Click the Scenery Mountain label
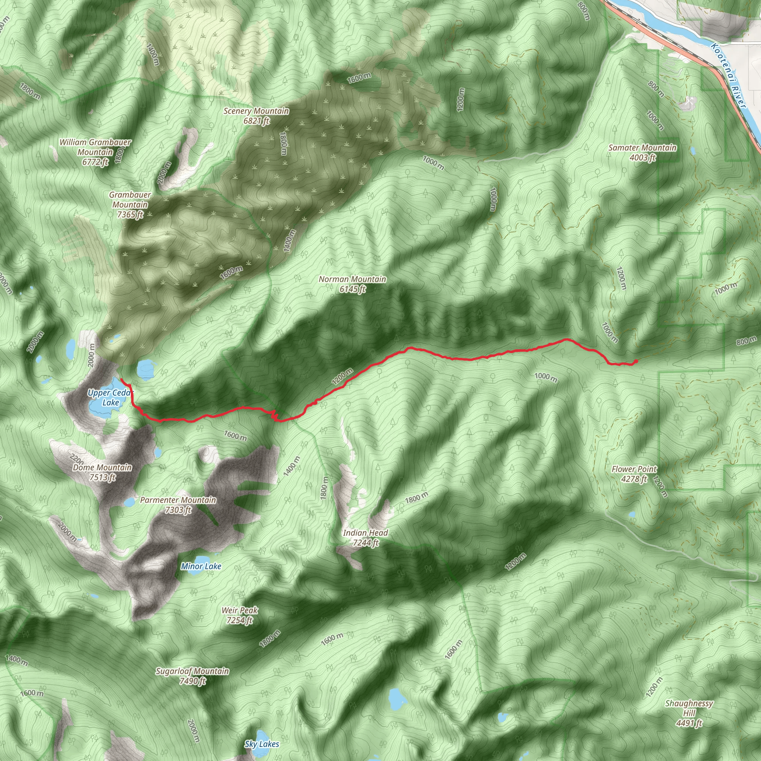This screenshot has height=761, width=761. coord(256,116)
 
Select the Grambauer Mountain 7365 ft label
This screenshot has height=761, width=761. coord(130,204)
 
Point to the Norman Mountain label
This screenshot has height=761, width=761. coord(352,284)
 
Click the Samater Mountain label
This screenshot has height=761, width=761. coord(642,152)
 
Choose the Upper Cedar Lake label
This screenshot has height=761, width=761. coord(110,398)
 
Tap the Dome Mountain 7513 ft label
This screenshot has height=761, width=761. coord(102,472)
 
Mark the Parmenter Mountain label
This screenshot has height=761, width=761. coord(178,505)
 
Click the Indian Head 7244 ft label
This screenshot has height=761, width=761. coord(365,538)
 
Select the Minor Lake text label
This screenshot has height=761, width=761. coord(201,566)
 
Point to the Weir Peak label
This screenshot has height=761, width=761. coord(240,615)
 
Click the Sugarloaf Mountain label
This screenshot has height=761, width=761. coord(192,676)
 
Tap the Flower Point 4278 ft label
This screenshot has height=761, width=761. coord(634,474)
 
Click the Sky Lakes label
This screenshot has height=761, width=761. coord(262,744)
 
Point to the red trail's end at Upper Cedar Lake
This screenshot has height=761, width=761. coord(122,379)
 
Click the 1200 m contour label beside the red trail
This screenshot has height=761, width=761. coord(342,376)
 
